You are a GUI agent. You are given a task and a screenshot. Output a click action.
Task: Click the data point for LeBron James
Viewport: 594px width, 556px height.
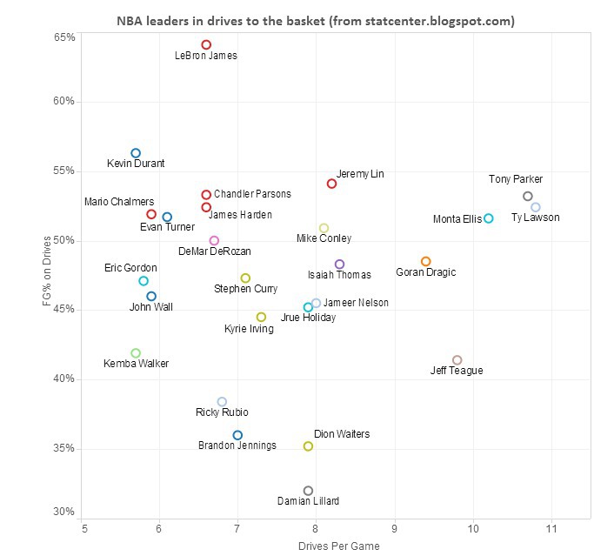(206, 44)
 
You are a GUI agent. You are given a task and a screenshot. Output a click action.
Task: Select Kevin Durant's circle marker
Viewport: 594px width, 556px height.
(136, 153)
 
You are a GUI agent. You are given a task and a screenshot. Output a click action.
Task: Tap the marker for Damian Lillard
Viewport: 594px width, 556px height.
(308, 491)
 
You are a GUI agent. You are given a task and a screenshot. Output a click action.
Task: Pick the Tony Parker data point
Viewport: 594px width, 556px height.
(528, 197)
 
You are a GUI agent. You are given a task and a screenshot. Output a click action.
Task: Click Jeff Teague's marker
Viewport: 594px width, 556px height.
(457, 360)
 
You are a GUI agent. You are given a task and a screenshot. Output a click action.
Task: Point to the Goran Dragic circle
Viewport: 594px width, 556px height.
(425, 261)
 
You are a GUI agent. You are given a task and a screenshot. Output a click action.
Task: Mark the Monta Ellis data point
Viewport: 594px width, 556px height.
(489, 218)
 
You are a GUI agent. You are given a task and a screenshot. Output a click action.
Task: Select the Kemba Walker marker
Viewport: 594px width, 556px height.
(136, 353)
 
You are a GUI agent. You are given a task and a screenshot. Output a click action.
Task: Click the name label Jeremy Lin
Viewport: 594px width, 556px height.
(360, 174)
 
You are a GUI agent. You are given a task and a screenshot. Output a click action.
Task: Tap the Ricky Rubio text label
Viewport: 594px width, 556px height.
(222, 412)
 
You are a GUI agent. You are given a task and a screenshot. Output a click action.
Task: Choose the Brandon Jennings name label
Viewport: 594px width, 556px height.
(237, 445)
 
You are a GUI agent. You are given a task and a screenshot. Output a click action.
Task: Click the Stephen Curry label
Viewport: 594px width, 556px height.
(246, 288)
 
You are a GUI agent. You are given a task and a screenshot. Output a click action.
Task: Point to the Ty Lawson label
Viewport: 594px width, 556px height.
(536, 218)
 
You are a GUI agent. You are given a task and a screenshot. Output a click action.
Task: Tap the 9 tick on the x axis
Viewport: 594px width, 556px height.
(395, 528)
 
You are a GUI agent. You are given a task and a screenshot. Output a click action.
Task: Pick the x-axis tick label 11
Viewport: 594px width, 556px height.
(551, 528)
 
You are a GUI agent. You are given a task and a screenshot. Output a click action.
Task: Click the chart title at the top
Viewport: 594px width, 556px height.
(316, 20)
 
